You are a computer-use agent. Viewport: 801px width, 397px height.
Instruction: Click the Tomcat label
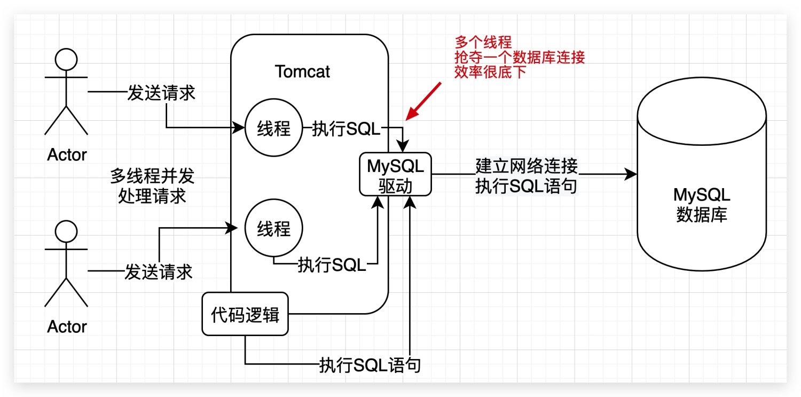point(302,72)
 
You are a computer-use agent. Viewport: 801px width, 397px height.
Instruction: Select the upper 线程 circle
point(274,128)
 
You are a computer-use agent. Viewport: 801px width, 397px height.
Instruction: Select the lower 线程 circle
point(274,229)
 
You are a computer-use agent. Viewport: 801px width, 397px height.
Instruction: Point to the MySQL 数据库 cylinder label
point(701,205)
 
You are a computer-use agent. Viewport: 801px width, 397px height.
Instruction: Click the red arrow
point(423,101)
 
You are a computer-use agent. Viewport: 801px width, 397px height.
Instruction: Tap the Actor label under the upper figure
point(67,155)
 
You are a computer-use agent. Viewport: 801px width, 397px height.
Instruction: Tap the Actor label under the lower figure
point(67,326)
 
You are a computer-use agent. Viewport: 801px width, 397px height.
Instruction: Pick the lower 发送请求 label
point(158,271)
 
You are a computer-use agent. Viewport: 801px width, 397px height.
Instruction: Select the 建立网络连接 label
point(527,166)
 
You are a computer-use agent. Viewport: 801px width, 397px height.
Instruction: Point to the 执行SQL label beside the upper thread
point(346,129)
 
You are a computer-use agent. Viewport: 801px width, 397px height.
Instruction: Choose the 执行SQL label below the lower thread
point(332,264)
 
